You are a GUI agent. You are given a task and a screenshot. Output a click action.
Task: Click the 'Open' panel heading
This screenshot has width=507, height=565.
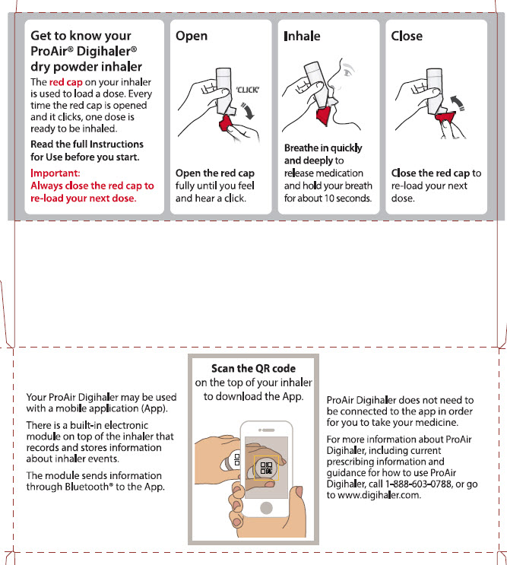192,37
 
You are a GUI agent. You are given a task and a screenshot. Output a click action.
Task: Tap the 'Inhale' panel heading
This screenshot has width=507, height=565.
302,36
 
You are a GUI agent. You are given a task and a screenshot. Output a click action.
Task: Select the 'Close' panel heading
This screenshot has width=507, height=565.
407,36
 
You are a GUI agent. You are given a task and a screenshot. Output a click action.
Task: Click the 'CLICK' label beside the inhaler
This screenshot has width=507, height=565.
248,90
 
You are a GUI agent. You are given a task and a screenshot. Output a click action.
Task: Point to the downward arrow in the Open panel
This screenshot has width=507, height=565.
248,110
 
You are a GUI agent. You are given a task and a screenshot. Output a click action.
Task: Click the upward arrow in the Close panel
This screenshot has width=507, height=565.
458,103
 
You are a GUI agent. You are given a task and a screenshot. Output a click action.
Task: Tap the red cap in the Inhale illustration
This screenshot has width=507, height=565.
324,115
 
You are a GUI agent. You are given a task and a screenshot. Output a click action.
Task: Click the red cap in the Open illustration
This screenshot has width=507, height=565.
226,124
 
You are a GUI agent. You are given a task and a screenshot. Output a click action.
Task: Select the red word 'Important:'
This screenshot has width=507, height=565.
55,173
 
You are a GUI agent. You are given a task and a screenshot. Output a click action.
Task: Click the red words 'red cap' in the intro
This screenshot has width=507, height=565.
66,82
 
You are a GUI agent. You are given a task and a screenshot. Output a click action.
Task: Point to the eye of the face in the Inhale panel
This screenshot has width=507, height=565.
347,72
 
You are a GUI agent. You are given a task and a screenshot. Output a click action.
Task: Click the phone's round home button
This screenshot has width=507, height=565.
266,508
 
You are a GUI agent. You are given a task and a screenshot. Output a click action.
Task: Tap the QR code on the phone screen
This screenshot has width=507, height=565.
266,468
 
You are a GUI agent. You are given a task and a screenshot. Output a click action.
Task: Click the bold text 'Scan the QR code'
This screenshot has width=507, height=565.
254,368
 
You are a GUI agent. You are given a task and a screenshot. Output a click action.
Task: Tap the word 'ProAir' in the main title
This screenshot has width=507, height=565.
52,51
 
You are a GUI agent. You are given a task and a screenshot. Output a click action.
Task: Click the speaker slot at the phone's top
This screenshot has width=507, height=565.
268,430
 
